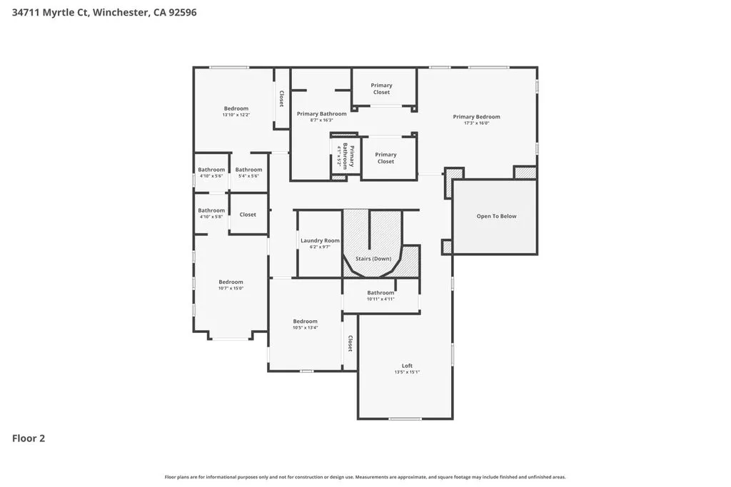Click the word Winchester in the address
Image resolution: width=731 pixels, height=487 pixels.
(x=120, y=12)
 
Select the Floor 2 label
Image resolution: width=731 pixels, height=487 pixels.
(x=29, y=439)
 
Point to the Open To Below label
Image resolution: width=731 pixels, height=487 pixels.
(x=496, y=216)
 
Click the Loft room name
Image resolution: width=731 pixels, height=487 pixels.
(x=407, y=366)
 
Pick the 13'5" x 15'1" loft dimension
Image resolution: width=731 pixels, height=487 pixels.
(x=407, y=372)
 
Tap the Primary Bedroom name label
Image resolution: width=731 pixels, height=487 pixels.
(x=476, y=117)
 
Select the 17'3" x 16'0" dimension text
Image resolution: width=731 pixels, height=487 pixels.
(x=476, y=123)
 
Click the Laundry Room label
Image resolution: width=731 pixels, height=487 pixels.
(x=320, y=240)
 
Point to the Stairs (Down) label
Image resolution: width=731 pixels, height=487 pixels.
(x=373, y=258)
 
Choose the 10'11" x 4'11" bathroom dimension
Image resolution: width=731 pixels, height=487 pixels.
(x=380, y=299)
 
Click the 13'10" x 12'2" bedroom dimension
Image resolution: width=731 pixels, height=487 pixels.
(x=236, y=115)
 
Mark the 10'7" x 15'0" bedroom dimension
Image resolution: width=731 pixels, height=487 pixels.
(x=231, y=288)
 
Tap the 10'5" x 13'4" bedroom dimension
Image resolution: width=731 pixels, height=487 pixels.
(x=305, y=327)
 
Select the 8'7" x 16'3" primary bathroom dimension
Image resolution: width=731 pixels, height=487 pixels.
(x=322, y=120)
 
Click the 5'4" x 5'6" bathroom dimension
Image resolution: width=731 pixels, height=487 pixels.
(x=248, y=175)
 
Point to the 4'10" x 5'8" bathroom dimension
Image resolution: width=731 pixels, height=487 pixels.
(x=211, y=217)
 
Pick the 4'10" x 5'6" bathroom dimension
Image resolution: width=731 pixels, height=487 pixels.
(x=211, y=175)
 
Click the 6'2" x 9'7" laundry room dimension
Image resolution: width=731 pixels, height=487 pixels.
(x=320, y=247)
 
